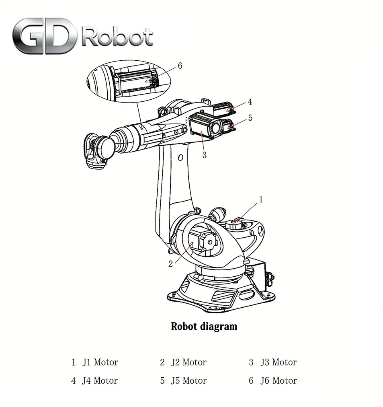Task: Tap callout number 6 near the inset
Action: point(180,66)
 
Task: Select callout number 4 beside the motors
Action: point(250,102)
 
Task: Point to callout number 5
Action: point(250,118)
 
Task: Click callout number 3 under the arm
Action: point(204,155)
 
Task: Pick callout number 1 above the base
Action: point(260,199)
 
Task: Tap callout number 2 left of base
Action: point(170,264)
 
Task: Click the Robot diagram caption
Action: point(204,326)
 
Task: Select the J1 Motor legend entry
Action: point(95,362)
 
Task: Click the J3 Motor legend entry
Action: point(273,362)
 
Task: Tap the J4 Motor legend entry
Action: point(95,380)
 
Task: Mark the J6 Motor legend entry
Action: point(273,380)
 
